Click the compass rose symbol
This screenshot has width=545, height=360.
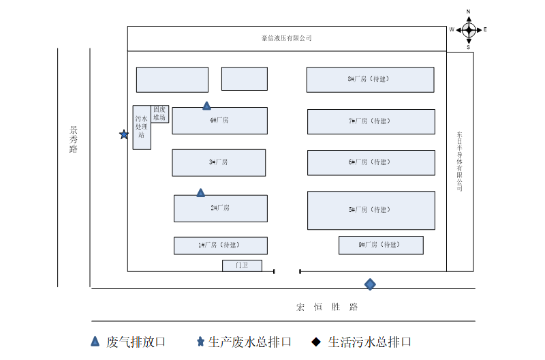(x=469, y=29)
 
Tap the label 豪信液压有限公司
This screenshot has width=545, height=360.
(x=287, y=38)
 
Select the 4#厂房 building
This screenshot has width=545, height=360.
(x=219, y=121)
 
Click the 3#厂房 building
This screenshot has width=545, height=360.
(x=219, y=162)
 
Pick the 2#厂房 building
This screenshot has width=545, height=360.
(x=220, y=208)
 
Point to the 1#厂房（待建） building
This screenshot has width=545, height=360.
(x=220, y=245)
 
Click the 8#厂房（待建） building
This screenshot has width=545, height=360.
(x=370, y=79)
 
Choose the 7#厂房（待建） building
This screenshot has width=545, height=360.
(x=371, y=121)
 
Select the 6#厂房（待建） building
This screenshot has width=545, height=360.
(x=371, y=162)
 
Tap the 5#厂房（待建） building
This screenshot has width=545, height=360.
(x=371, y=210)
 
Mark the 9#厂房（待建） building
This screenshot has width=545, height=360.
(x=381, y=245)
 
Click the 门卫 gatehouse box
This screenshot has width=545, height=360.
(x=242, y=265)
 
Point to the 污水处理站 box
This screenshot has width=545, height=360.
(x=141, y=127)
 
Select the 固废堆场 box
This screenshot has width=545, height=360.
(x=160, y=113)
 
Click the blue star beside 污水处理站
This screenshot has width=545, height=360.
(x=124, y=134)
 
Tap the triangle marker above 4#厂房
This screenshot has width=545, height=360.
(x=206, y=106)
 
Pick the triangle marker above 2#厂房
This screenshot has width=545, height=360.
(x=200, y=193)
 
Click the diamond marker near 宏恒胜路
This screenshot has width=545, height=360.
(x=370, y=284)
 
